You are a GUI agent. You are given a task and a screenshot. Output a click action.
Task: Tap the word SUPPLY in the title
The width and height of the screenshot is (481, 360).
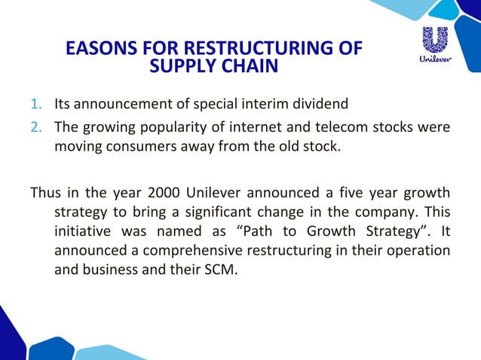(x=182, y=67)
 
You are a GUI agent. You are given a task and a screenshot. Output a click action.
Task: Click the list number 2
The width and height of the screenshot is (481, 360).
(x=37, y=126)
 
